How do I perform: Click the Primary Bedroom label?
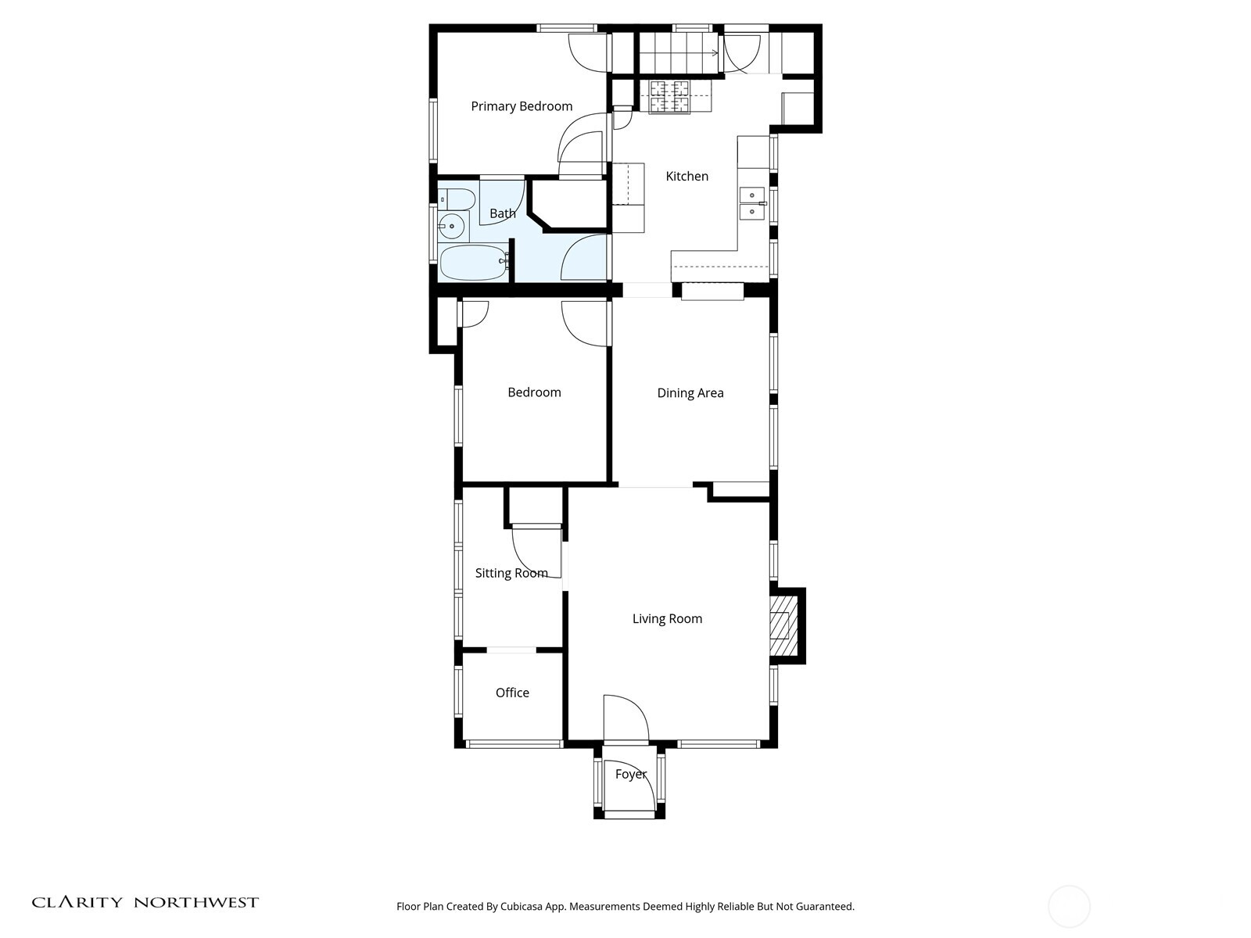(x=522, y=106)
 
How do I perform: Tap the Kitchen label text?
(x=686, y=177)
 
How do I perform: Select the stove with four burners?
(x=669, y=97)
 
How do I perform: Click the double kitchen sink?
(x=752, y=203)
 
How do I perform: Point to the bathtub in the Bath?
(x=473, y=263)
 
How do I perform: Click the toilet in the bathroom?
(x=456, y=199)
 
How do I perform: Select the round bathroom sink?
(x=452, y=228)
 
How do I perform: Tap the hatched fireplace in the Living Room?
(x=783, y=625)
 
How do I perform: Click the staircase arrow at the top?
(x=713, y=53)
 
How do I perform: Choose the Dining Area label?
(x=690, y=393)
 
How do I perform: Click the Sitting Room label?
(x=511, y=573)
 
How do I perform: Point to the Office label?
(x=512, y=693)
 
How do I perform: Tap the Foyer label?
(x=630, y=774)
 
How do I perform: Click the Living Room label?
(x=667, y=619)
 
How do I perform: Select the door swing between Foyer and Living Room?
(x=625, y=718)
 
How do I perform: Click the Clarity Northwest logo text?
(x=145, y=902)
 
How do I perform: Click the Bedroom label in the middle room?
(x=534, y=392)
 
